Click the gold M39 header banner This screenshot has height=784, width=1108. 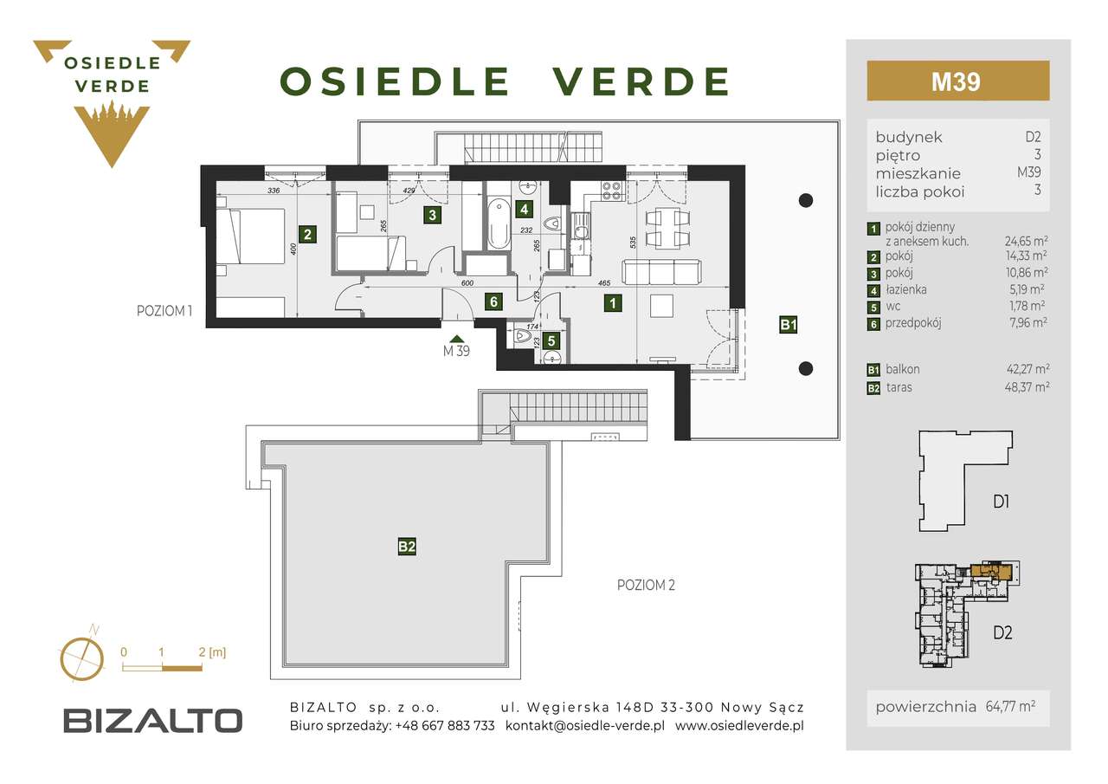click(957, 81)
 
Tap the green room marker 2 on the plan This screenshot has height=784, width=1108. click(306, 233)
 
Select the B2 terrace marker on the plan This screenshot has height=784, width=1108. click(407, 547)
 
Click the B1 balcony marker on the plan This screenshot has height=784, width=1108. click(788, 326)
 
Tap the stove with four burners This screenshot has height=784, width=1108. click(612, 190)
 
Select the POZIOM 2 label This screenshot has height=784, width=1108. click(645, 585)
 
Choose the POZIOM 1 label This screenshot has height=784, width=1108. click(164, 311)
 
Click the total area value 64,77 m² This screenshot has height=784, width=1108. click(1010, 706)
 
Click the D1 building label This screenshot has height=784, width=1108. click(1002, 501)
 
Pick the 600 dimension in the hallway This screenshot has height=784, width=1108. click(467, 282)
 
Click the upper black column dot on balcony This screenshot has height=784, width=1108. click(805, 200)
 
